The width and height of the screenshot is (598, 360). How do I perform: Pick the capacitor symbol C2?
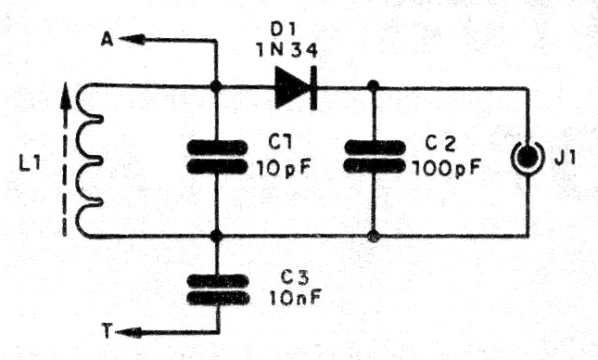click(x=374, y=157)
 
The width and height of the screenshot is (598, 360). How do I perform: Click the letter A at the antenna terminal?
click(x=108, y=38)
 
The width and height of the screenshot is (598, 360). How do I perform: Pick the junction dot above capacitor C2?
click(x=374, y=87)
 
